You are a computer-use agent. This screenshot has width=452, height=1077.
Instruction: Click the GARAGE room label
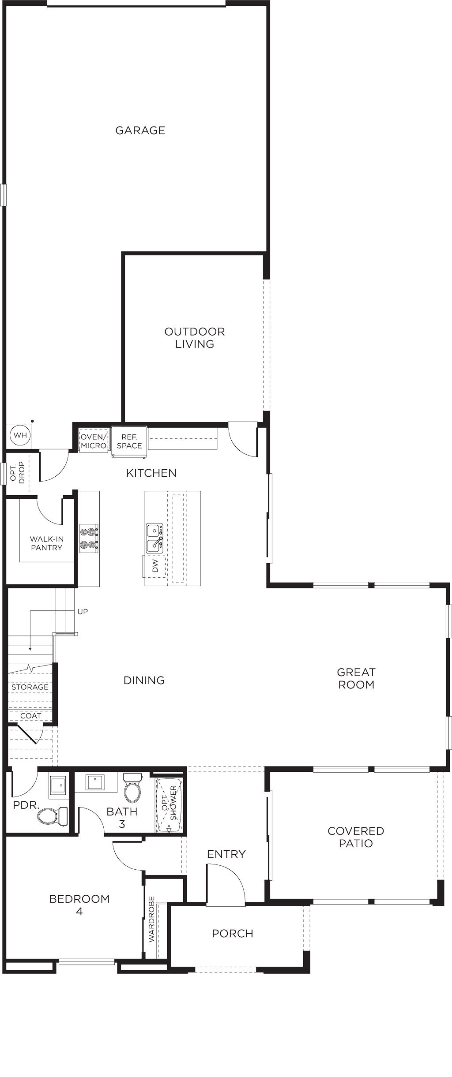(x=140, y=130)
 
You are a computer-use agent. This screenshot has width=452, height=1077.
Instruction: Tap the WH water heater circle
(x=20, y=436)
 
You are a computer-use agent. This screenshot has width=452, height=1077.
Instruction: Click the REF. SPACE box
(x=129, y=441)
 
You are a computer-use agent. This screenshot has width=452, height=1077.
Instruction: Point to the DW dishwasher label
(x=155, y=566)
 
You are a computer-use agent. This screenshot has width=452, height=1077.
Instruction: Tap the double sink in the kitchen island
(x=154, y=538)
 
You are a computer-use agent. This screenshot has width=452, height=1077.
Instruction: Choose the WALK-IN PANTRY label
(x=46, y=543)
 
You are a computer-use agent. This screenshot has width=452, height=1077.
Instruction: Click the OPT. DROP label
(x=17, y=473)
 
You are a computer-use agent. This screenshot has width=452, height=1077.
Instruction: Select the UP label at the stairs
(x=83, y=611)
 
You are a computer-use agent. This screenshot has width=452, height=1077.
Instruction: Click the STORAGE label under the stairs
(x=30, y=687)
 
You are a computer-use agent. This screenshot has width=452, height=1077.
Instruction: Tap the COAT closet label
(x=30, y=716)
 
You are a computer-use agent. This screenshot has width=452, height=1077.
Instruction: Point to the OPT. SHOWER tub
(x=169, y=805)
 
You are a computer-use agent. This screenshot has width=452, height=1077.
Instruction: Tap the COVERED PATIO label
(x=356, y=837)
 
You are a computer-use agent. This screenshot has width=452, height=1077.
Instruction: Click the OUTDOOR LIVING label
(x=195, y=337)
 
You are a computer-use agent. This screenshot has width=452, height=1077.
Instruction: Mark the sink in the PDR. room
(x=59, y=785)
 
